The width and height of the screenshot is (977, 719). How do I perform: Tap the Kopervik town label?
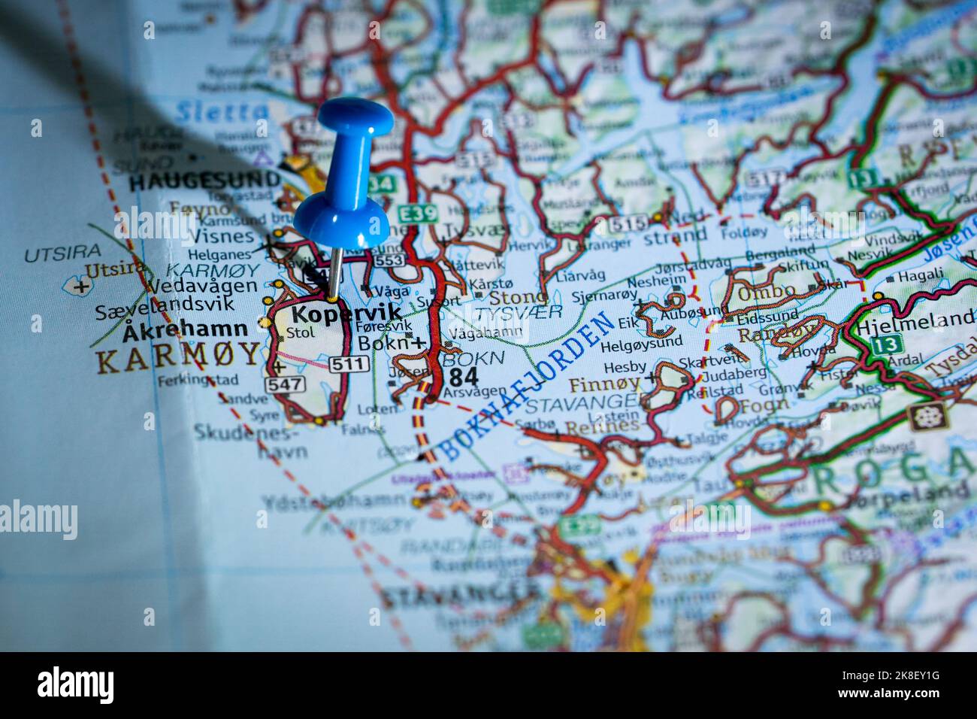click(x=346, y=313)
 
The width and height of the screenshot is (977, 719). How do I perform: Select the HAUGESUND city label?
click(x=204, y=181)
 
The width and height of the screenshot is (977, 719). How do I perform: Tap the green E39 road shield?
click(x=418, y=214)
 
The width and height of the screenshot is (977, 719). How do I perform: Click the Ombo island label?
click(x=766, y=292)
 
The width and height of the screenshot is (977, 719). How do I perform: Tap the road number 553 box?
click(x=389, y=259)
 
